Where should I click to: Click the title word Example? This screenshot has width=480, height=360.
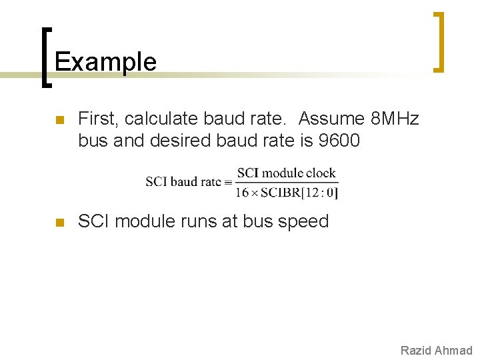click(x=105, y=62)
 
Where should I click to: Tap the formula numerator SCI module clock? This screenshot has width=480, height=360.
click(x=287, y=173)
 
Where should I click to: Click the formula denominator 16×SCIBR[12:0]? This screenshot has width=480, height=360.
click(x=287, y=193)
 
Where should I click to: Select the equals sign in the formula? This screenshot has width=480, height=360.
click(x=228, y=182)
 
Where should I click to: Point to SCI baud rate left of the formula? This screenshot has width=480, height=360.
click(x=184, y=182)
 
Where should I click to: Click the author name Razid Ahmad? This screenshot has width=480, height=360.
click(x=436, y=351)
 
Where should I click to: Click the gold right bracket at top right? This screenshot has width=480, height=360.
click(x=439, y=41)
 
